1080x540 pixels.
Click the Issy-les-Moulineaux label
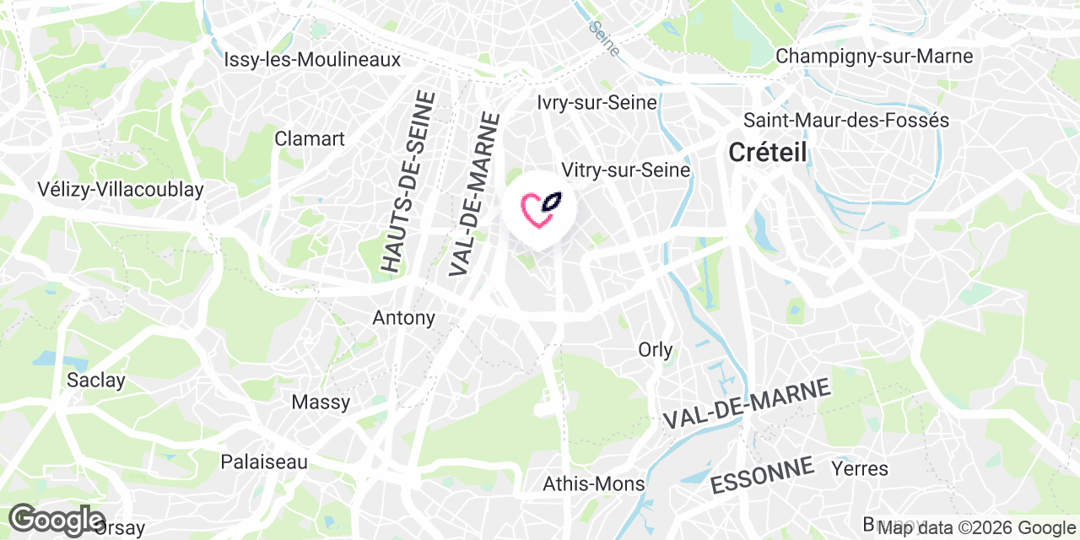312,60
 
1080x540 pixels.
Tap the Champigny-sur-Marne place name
874,57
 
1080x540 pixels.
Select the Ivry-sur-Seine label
597,103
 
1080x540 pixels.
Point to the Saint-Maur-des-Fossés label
846,121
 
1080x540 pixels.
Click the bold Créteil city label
767,153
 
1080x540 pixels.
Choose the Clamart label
310,138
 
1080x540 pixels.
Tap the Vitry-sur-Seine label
626,170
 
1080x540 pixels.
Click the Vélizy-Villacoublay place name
121,190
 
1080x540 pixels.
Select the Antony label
404,318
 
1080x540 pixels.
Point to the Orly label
656,349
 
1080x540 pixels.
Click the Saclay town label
96,381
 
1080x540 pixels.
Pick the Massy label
321,402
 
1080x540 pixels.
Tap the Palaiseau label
264,462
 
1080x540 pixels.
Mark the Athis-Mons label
594,484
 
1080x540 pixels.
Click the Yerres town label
860,468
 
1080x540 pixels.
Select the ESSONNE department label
763,475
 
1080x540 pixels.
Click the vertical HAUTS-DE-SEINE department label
408,181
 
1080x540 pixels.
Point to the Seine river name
602,38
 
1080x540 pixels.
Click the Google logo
56,519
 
